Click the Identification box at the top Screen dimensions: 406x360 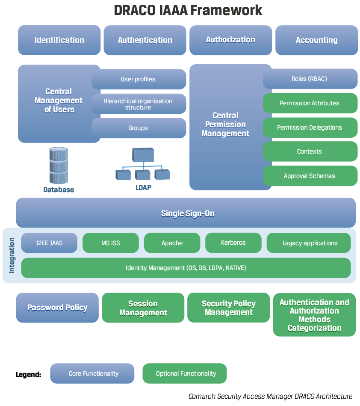click(59, 40)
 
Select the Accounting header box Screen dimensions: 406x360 click(316, 40)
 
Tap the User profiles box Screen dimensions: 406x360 click(139, 79)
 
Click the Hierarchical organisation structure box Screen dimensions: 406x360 click(139, 104)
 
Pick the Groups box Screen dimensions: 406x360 click(139, 128)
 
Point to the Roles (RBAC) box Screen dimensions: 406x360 click(310, 79)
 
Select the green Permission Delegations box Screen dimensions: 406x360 click(310, 127)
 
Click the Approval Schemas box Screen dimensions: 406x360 click(310, 176)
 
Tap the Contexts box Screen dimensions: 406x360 click(310, 151)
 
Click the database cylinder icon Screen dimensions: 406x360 click(59, 166)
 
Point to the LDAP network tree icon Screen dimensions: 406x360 click(143, 164)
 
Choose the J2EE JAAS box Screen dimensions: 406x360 click(49, 243)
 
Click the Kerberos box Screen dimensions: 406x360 click(233, 243)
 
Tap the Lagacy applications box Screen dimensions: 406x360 click(310, 243)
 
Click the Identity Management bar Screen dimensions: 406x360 click(186, 268)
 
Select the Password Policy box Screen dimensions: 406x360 click(57, 308)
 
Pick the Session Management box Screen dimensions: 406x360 click(143, 308)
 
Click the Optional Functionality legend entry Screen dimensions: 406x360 click(185, 373)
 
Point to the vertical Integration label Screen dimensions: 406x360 click(12, 255)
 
